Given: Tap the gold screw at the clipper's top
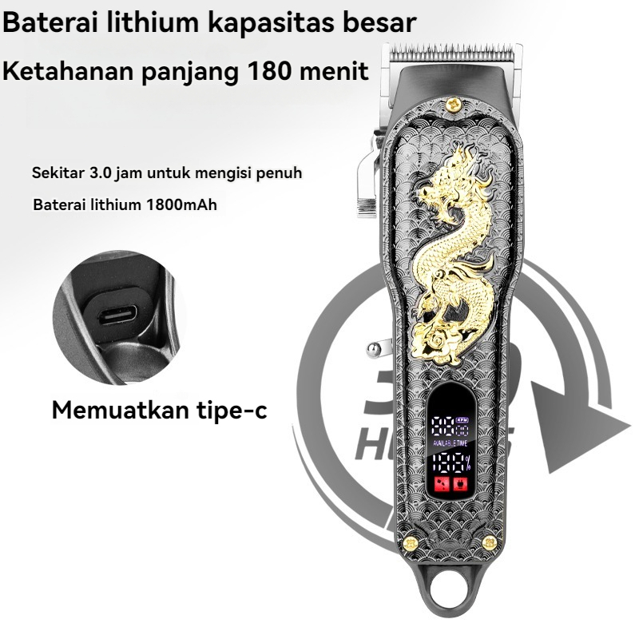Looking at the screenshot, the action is click(454, 101).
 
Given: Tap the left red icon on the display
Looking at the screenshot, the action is click(441, 483).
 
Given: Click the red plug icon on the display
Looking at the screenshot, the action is click(460, 483).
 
